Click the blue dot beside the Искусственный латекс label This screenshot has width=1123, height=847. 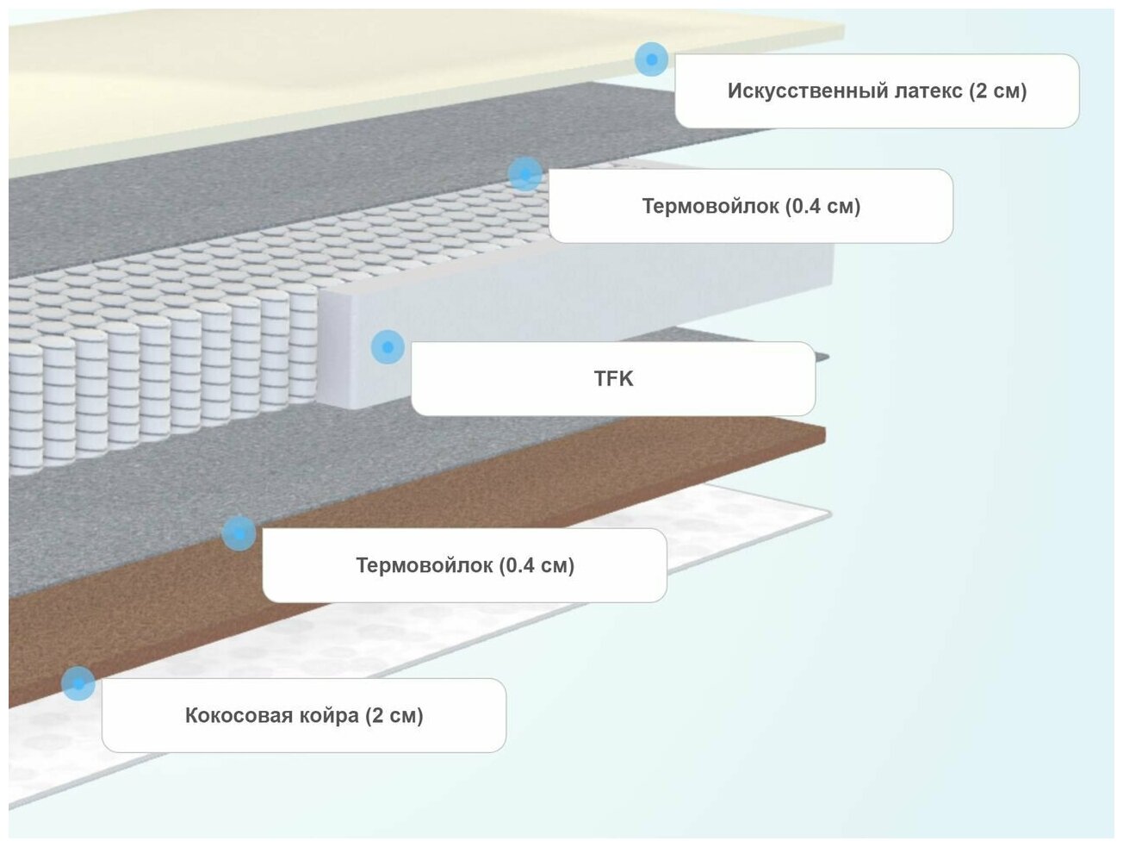[x=652, y=59]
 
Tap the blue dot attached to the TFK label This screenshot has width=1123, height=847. [x=388, y=347]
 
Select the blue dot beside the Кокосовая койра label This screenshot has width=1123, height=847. [x=78, y=683]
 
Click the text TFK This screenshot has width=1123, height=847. [x=613, y=378]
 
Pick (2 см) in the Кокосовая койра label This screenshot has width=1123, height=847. [x=394, y=715]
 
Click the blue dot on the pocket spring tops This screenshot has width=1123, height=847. [x=524, y=174]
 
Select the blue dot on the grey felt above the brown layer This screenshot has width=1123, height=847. [x=239, y=533]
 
